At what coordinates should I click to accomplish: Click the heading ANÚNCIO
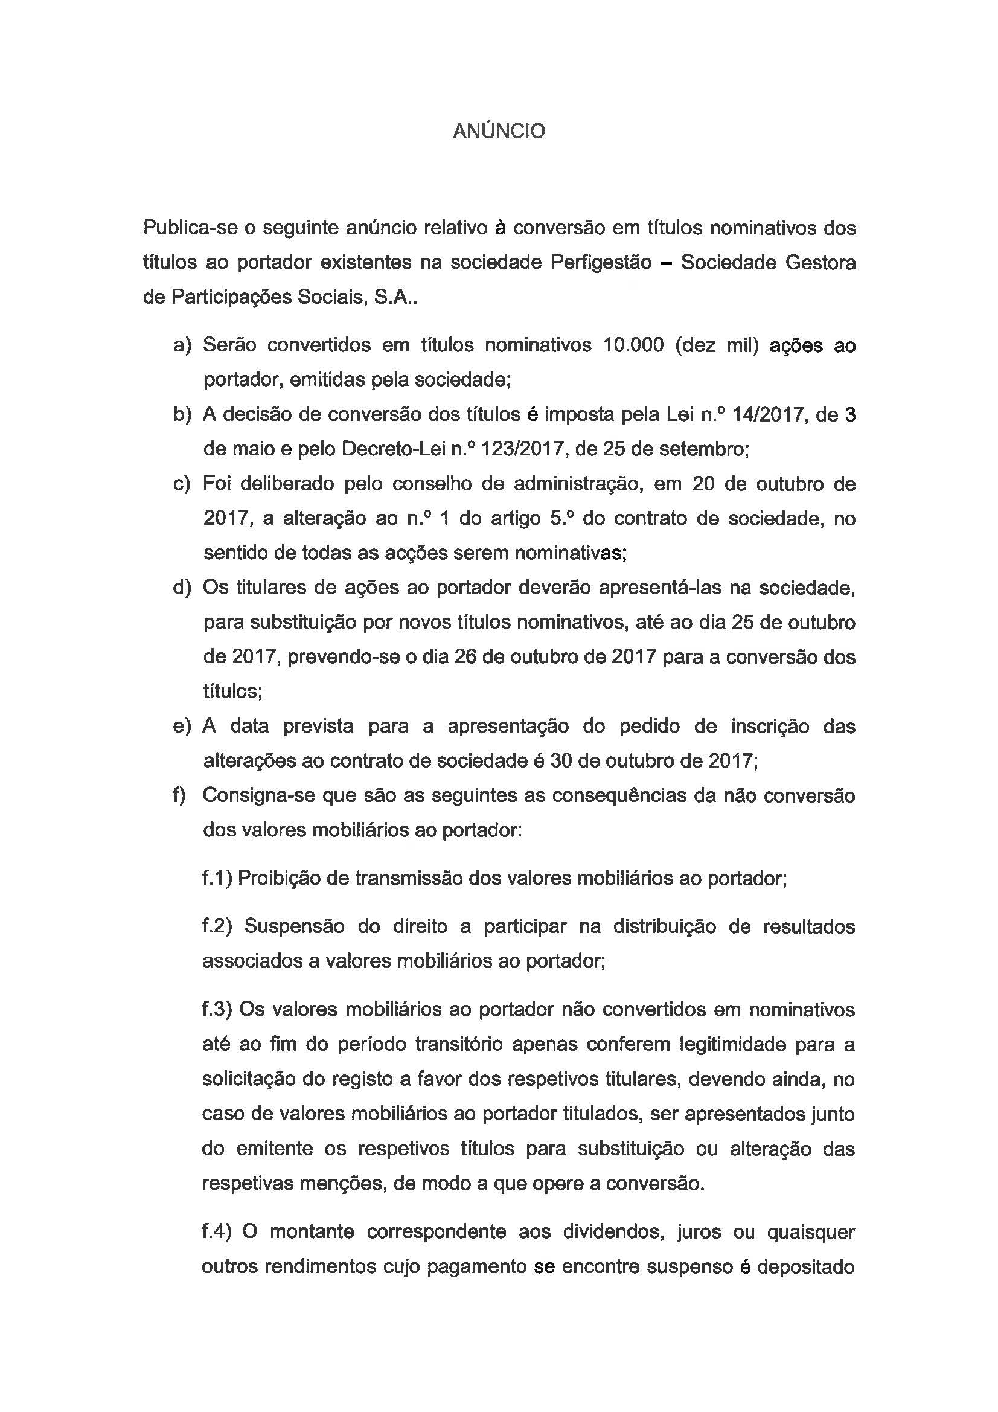click(499, 132)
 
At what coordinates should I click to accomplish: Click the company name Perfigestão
click(601, 263)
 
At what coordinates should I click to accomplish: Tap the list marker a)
click(182, 345)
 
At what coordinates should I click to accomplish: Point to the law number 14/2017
click(768, 415)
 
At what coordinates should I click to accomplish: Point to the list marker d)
click(182, 588)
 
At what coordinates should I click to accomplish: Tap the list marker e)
click(182, 727)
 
